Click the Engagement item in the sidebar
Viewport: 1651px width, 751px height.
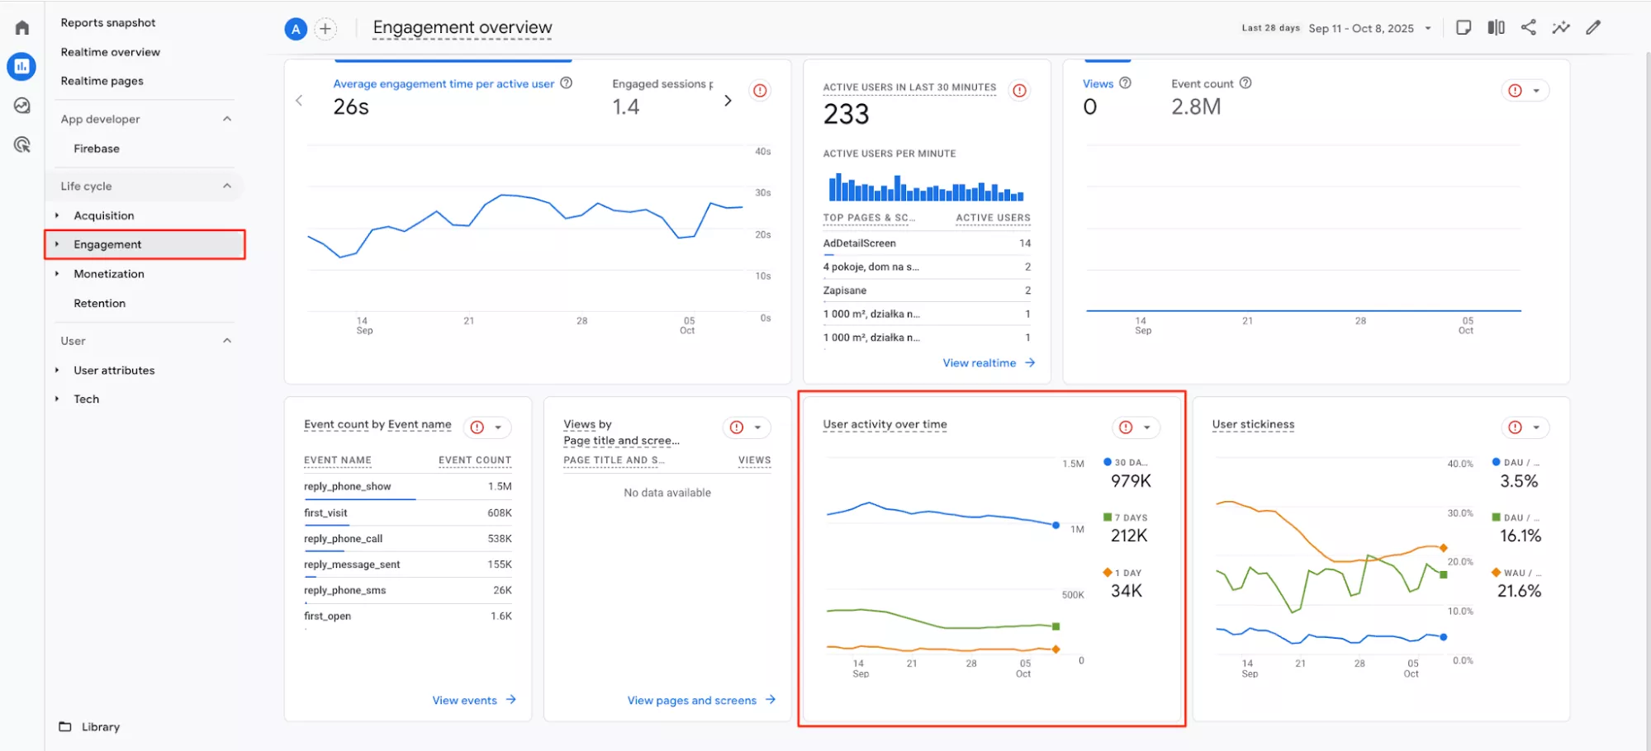[107, 244]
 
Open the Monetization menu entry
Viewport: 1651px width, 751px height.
[109, 274]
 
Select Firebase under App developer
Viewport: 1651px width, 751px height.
[97, 149]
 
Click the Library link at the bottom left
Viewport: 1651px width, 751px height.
[101, 727]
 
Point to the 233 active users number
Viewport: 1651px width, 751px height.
[846, 114]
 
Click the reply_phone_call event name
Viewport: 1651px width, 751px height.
[343, 539]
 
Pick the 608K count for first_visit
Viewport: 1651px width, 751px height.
[500, 513]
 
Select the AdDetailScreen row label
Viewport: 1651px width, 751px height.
[859, 243]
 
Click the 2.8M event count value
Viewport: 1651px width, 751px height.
[1196, 107]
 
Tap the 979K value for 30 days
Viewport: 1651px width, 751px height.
[1131, 481]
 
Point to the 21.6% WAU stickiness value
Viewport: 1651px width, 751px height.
[1519, 591]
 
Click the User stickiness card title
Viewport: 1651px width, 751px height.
[1253, 424]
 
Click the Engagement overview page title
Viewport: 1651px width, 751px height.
[463, 27]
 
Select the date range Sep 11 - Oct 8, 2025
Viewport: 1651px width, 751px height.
[1361, 28]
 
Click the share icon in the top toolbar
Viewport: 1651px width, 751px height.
[1529, 27]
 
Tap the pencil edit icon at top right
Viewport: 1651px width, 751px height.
[1593, 27]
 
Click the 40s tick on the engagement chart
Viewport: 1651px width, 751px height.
[762, 152]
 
